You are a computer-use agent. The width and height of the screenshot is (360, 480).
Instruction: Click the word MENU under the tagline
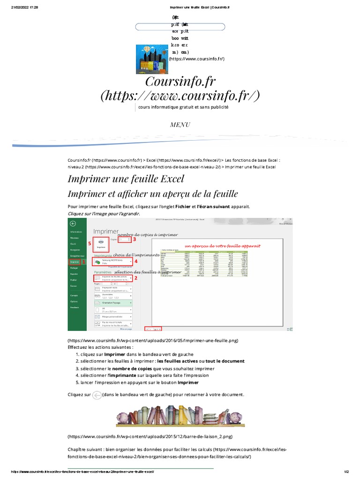coord(180,125)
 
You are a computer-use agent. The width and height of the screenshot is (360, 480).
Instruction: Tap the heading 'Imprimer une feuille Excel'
coord(126,179)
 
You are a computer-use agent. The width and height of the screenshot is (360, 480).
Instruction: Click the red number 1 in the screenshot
coord(84,262)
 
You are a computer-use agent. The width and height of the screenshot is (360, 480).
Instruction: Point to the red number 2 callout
coord(136,278)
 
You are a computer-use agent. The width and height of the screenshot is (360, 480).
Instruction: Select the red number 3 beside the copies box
coord(135,239)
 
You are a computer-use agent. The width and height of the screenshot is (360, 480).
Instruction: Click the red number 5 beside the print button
coord(89,243)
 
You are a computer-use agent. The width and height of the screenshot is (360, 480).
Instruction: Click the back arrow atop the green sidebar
coord(73,224)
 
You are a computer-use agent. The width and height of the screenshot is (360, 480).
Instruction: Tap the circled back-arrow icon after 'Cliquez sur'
coord(97,395)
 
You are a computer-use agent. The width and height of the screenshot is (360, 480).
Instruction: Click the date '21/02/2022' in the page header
coord(16,8)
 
